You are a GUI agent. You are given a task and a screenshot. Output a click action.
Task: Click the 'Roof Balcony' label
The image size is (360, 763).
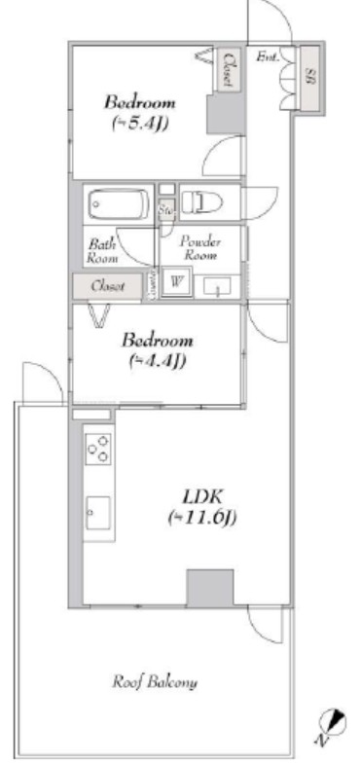tap(155, 682)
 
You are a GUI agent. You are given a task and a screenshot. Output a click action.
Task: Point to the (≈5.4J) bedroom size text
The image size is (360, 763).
tap(139, 124)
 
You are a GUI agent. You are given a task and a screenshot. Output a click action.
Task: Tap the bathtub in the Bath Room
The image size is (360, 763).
tap(117, 205)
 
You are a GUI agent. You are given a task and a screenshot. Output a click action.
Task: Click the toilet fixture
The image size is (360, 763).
tap(203, 201)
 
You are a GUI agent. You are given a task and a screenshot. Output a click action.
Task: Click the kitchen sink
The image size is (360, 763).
tap(97, 512)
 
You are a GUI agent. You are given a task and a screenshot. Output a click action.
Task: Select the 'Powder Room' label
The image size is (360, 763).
tap(200, 247)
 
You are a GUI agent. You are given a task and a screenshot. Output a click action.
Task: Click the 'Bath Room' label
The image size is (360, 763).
tap(103, 252)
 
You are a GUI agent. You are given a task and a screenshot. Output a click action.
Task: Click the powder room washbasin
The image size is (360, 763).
tap(220, 285)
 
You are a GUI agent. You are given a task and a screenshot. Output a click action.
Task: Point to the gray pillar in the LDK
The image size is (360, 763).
tap(210, 586)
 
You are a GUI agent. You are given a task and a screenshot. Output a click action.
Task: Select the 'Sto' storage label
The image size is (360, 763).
tap(166, 207)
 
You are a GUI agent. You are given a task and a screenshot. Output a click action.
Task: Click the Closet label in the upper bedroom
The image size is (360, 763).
tap(229, 71)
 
